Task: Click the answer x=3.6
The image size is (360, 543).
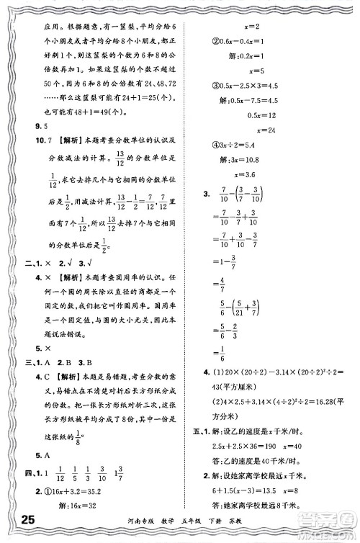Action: point(256,174)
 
